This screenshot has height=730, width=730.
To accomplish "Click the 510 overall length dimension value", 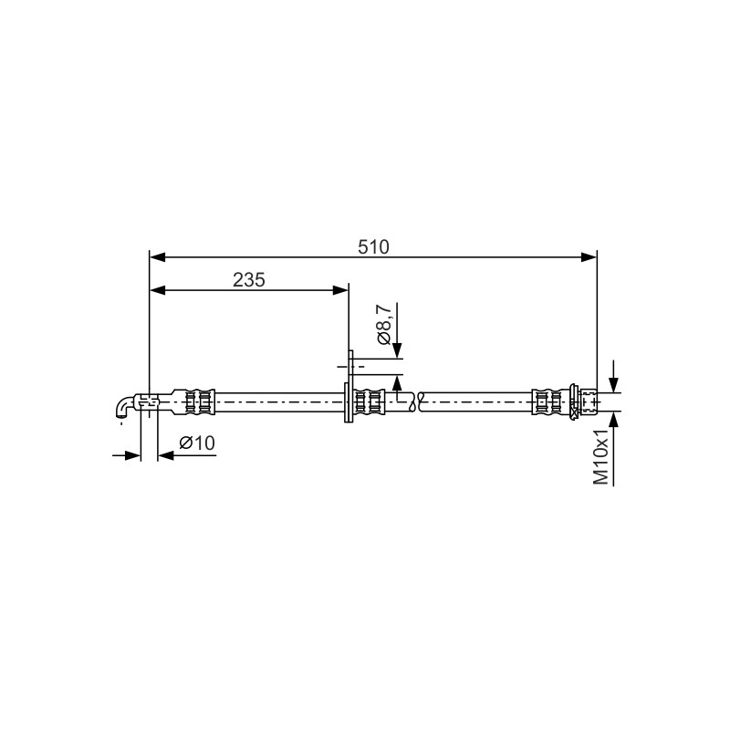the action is point(373,247).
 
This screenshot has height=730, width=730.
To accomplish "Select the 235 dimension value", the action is point(249,280).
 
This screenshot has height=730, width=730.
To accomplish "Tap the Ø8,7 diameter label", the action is point(384,324).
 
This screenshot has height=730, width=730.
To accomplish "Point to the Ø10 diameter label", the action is point(197,443).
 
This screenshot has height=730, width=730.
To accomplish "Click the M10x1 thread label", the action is point(601,457).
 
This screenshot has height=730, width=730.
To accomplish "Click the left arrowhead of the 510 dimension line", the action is point(157,256).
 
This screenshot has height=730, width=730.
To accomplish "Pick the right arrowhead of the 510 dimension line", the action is point(589,256).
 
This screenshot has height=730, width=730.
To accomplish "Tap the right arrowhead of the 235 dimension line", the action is point(340,290).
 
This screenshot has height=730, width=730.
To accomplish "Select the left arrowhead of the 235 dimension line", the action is point(157,290).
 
